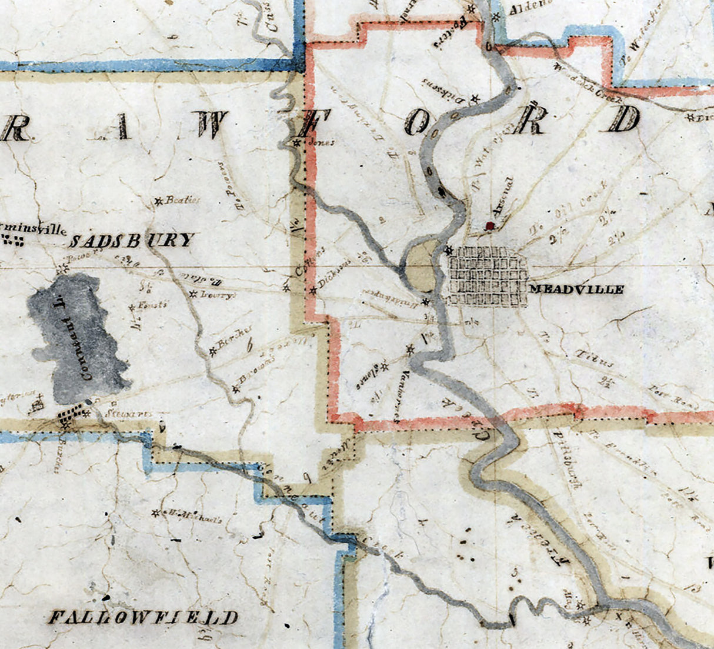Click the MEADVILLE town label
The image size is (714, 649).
click(x=576, y=289)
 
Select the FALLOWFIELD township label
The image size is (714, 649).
click(x=143, y=617)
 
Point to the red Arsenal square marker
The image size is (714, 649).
click(x=488, y=225)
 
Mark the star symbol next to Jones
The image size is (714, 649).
click(x=298, y=142)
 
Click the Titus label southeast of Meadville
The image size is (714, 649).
click(x=598, y=360)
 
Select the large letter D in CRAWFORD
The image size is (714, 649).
click(x=624, y=119)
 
